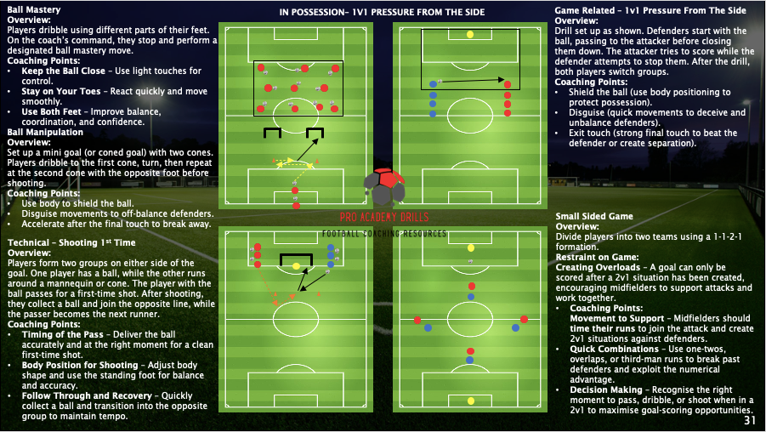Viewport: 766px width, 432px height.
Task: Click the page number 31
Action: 749,420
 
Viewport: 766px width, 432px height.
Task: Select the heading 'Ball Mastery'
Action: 33,9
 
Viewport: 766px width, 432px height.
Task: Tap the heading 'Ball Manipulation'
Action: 45,133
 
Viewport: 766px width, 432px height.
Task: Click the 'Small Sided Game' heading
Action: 594,217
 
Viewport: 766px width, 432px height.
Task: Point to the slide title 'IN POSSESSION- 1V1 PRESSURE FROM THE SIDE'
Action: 382,13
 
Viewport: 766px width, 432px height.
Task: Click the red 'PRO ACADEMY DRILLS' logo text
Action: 384,218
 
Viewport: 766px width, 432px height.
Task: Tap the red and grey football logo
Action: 384,187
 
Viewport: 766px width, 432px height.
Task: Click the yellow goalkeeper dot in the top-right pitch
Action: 471,35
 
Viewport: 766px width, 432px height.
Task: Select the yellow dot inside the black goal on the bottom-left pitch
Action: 295,266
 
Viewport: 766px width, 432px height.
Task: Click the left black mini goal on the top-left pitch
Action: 272,133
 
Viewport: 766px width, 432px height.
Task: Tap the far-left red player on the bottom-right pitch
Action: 417,320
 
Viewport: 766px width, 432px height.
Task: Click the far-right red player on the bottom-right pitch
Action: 524,319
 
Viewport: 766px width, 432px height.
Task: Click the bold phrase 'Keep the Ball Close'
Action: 64,71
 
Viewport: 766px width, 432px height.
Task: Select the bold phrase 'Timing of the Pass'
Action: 61,335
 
